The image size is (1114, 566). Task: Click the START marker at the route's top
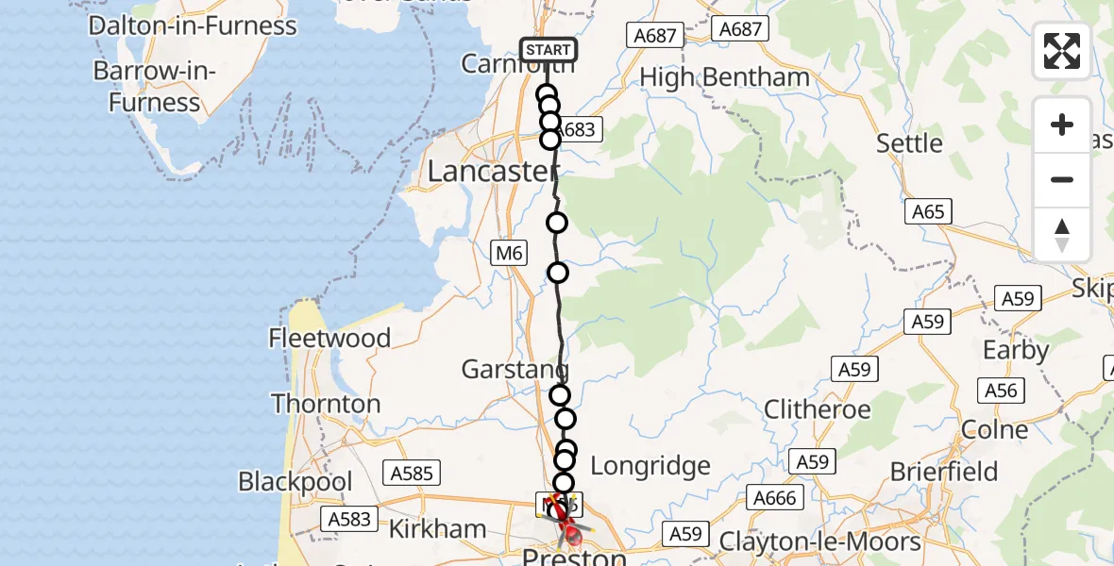548,50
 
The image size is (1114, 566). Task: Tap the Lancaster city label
491,172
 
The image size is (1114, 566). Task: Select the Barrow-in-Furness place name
155,87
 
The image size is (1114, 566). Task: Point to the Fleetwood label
329,338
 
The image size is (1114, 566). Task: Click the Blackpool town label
295,481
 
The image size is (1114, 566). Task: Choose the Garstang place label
515,370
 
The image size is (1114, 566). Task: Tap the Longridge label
650,465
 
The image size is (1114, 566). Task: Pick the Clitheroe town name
817,409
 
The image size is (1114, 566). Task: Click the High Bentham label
725,77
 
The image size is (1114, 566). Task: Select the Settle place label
909,143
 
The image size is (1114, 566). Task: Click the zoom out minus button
1062,179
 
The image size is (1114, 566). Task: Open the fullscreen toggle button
1062,51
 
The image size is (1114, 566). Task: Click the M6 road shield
508,253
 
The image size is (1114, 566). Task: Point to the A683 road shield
578,129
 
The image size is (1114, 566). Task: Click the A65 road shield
927,212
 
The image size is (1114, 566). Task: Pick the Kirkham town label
438,528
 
